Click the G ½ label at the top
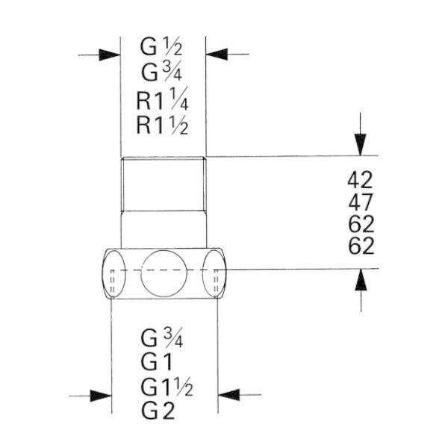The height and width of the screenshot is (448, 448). [x=161, y=46]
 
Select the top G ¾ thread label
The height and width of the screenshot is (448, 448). [x=162, y=72]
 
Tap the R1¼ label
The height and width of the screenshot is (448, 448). [x=162, y=99]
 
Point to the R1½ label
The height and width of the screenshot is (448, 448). [x=162, y=125]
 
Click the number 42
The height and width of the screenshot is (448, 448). [x=360, y=180]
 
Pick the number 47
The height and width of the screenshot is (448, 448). [x=361, y=202]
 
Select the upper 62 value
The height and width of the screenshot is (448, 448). [x=361, y=224]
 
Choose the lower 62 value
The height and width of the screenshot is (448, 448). [x=361, y=246]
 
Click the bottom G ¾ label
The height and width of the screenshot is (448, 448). [x=162, y=337]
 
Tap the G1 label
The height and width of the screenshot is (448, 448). [x=157, y=361]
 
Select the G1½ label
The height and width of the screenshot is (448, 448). [x=167, y=386]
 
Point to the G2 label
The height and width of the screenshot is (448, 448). [x=158, y=411]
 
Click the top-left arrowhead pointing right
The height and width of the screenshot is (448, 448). [x=110, y=55]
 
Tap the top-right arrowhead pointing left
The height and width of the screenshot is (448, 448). [x=217, y=54]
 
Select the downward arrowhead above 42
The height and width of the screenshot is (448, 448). [x=361, y=145]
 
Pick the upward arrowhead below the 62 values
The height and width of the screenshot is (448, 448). [x=361, y=280]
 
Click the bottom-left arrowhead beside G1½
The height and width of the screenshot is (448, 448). [x=101, y=396]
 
